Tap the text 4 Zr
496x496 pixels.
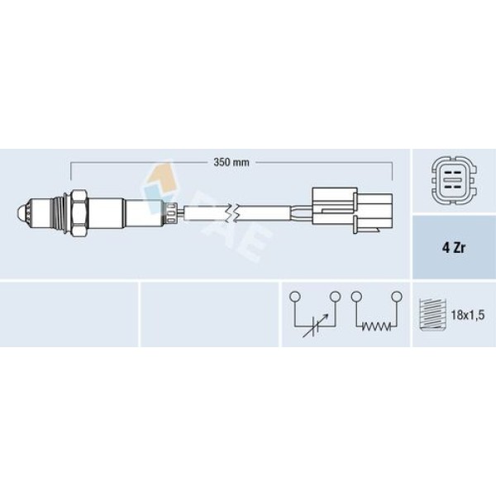pyautogui.click(x=453, y=247)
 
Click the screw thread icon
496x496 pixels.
pyautogui.click(x=430, y=315)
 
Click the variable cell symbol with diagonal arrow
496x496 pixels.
pyautogui.click(x=315, y=324)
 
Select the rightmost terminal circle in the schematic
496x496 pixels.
pyautogui.click(x=396, y=295)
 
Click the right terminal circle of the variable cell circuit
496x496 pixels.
pyautogui.click(x=335, y=295)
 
